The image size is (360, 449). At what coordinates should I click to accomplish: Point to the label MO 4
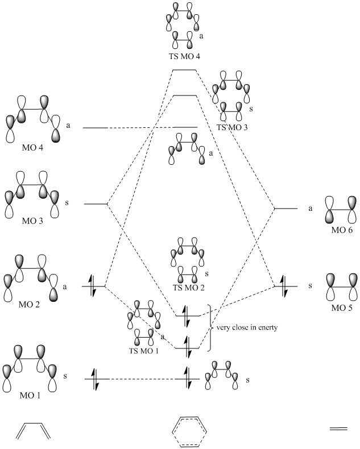coord(23,149)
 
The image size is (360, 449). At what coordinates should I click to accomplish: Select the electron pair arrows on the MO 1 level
coord(94,379)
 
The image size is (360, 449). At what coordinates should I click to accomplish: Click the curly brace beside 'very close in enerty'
coord(210,328)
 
